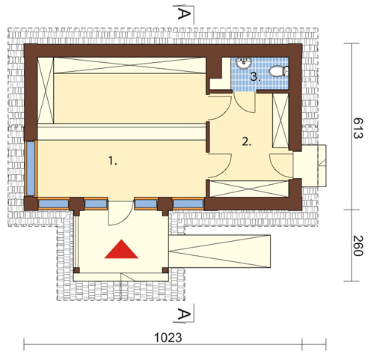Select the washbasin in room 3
point(243,63)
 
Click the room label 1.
point(113,161)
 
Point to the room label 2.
point(247,141)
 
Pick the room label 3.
point(255,77)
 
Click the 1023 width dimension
point(168,338)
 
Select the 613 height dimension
point(358,128)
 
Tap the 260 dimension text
point(358,246)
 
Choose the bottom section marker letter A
point(184,314)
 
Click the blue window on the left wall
point(31,168)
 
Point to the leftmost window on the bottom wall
point(53,204)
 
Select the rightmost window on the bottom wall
point(188,204)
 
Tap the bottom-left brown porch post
point(77,270)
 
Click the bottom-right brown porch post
point(165,270)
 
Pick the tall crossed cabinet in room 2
point(280,120)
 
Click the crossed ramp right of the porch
point(220,251)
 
